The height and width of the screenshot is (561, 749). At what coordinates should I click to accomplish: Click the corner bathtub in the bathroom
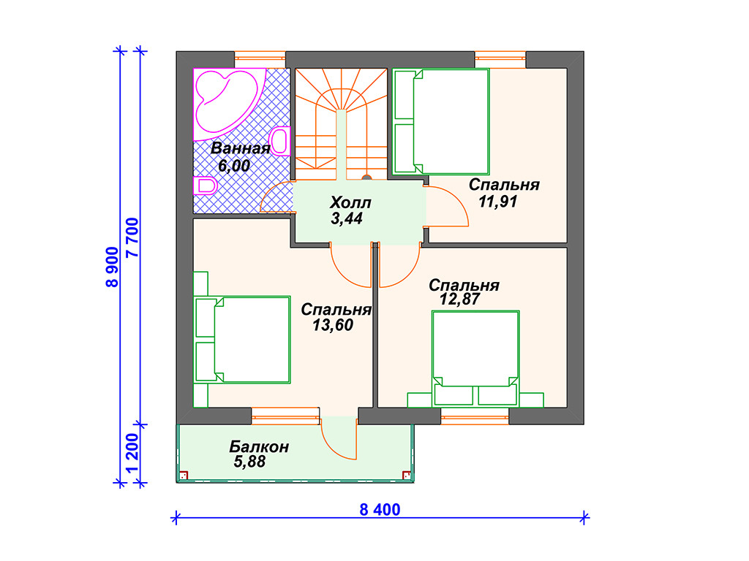(x=225, y=102)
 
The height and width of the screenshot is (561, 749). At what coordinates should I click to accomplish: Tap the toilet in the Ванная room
(x=206, y=186)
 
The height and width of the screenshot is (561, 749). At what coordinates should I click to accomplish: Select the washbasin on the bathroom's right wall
(x=281, y=141)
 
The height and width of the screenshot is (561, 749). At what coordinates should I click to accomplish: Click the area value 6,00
(x=233, y=166)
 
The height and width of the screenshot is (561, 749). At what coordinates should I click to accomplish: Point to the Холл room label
(x=350, y=202)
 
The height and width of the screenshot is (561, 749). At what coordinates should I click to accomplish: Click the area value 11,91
(x=497, y=202)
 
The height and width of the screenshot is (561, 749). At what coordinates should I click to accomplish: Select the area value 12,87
(x=460, y=299)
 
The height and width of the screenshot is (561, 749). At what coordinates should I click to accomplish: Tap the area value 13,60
(x=333, y=325)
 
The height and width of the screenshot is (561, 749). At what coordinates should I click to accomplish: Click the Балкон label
(x=259, y=447)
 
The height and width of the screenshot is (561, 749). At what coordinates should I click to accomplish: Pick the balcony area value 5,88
(x=249, y=462)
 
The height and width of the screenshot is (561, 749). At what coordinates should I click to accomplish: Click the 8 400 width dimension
(x=380, y=509)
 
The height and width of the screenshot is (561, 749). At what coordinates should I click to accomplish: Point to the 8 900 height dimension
(x=112, y=267)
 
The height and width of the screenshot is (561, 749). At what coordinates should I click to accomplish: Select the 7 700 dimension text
(x=132, y=237)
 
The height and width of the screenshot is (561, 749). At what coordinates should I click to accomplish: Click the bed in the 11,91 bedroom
(x=441, y=122)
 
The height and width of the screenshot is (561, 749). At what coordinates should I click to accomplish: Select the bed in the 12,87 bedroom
(x=475, y=359)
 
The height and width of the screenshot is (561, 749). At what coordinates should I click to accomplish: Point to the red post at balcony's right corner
(x=407, y=475)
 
